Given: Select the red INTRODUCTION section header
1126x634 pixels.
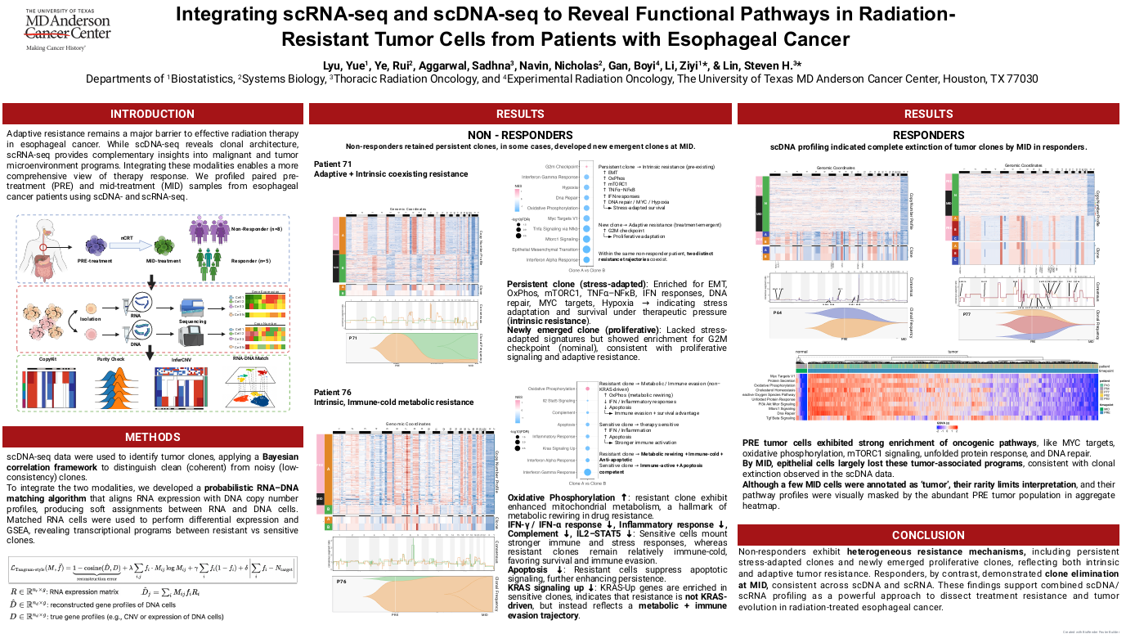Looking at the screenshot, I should [153, 114].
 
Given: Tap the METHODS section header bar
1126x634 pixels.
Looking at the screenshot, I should [153, 437].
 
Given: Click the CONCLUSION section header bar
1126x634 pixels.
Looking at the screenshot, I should [928, 536].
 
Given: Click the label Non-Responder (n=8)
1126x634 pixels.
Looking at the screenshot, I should [256, 229].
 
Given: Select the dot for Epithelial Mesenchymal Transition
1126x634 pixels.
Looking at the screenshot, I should [585, 249].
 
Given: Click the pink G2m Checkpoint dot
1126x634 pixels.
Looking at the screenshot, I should [585, 166].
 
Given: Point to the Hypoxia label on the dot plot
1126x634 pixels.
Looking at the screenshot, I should [568, 187].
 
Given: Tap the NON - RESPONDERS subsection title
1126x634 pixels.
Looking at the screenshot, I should [520, 134].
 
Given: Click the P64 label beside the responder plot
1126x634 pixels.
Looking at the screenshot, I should [778, 313].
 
